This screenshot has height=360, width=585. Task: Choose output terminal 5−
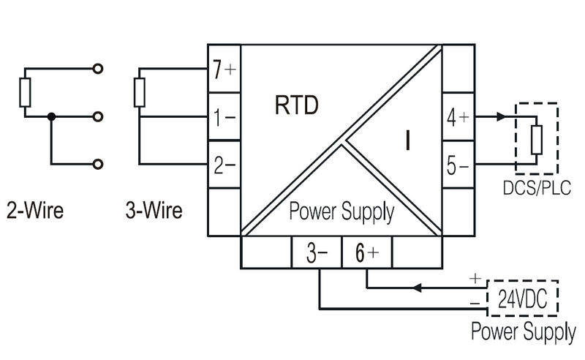(x=458, y=165)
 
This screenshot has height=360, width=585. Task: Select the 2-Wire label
(x=34, y=212)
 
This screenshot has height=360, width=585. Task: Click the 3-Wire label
(x=154, y=212)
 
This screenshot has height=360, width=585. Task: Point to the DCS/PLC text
(x=536, y=189)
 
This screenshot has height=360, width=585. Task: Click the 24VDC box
(x=521, y=298)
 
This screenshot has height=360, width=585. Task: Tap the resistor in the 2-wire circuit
(x=26, y=94)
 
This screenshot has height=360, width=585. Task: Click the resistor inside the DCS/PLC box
(x=537, y=140)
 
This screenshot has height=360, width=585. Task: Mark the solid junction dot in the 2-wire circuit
(x=50, y=117)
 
